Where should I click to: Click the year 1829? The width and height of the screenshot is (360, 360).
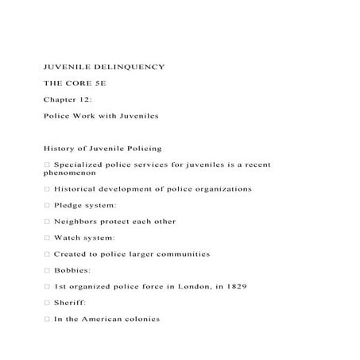236,286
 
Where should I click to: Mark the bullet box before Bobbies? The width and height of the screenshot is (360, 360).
47,270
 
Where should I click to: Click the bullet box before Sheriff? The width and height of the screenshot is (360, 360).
47,303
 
